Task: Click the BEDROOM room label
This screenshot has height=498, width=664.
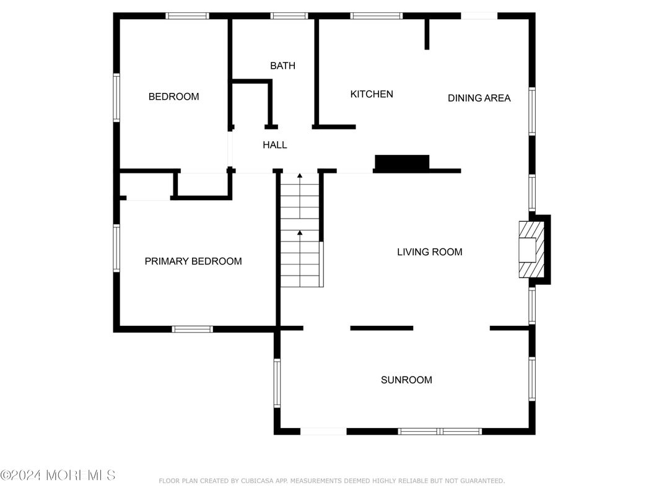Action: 173,97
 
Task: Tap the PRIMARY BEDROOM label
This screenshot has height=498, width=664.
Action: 193,261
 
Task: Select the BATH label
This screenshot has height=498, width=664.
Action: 282,66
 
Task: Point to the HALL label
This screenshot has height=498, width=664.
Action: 274,145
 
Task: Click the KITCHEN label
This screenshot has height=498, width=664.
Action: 372,94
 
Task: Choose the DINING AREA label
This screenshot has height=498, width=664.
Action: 479,98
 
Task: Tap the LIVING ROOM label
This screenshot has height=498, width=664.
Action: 429,252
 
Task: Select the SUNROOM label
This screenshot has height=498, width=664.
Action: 406,380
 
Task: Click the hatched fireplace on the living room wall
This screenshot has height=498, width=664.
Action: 531,250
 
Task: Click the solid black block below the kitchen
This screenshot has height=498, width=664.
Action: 402,163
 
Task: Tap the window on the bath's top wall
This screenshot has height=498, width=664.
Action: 289,16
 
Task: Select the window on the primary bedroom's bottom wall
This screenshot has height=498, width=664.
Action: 192,329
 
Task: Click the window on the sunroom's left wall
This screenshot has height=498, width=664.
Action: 277,383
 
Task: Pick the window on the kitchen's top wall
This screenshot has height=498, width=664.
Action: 376,16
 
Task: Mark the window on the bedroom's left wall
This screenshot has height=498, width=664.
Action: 116,97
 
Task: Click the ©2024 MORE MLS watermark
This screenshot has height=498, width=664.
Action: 58,476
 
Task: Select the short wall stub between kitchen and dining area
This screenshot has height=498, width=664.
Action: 427,33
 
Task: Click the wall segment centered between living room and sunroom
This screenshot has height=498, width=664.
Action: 382,328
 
